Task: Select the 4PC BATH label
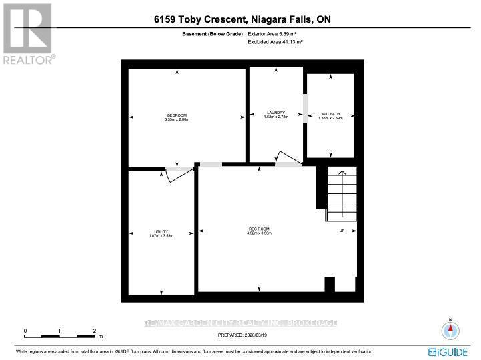click(x=330, y=113)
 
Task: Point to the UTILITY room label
click(x=161, y=231)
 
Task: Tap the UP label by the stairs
click(x=342, y=231)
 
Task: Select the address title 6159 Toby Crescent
click(x=240, y=20)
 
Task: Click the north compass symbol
click(x=450, y=330)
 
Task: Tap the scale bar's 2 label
click(x=94, y=331)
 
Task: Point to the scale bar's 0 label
click(x=25, y=331)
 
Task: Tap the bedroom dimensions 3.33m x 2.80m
click(x=177, y=119)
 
